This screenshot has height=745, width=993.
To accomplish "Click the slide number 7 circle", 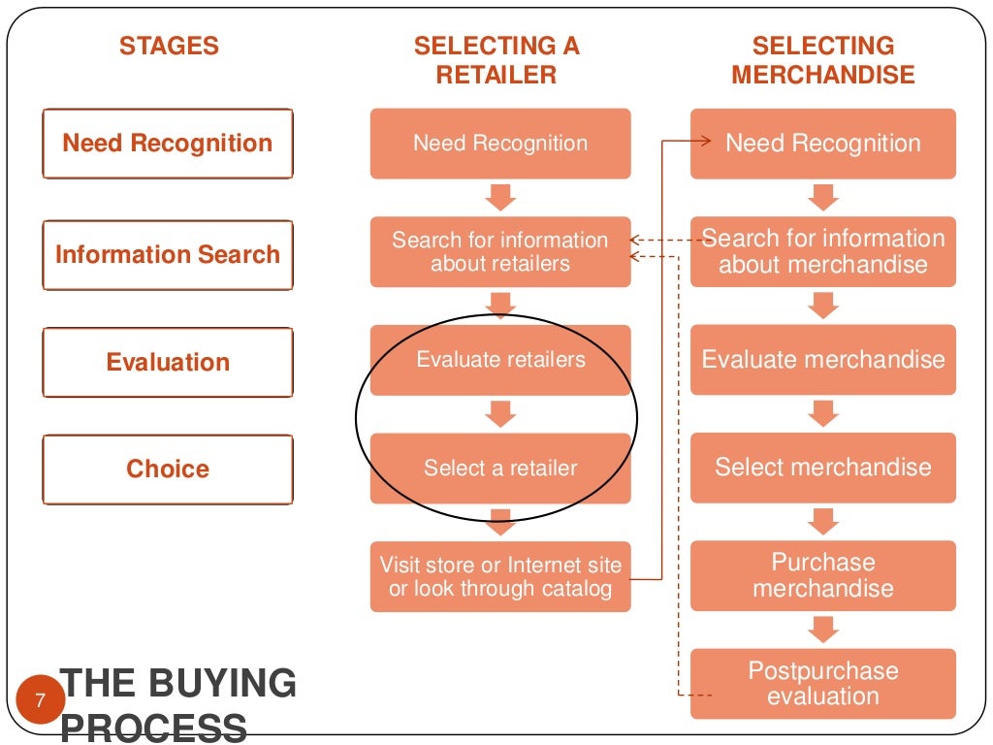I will click(40, 699).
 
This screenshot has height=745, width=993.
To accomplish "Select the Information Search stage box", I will click(168, 255).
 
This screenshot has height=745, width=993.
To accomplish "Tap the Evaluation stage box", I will click(168, 363).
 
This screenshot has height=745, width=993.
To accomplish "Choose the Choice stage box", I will click(168, 470).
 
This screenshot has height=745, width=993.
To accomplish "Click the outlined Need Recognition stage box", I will click(168, 144).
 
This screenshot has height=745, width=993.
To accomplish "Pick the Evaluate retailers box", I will click(500, 360).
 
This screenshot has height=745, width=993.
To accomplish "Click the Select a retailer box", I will click(500, 469).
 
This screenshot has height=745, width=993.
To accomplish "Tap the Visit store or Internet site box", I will click(500, 576).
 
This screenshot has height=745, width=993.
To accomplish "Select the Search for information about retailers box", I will click(500, 252).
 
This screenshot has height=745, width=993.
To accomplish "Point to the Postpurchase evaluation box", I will click(823, 683).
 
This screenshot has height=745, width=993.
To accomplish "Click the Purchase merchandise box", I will click(823, 575).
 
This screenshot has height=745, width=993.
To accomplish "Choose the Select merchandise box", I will click(823, 468).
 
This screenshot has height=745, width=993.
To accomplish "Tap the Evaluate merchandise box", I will click(823, 360).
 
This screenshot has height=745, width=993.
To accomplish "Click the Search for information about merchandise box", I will click(823, 251).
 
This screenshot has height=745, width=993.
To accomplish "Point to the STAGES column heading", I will click(169, 46).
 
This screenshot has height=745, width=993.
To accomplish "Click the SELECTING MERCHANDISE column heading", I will click(823, 60).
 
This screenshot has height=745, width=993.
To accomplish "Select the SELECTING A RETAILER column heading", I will click(496, 60).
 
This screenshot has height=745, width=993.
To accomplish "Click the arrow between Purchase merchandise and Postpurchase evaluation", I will click(823, 630).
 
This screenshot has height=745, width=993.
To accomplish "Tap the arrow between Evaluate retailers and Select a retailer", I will click(500, 414).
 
